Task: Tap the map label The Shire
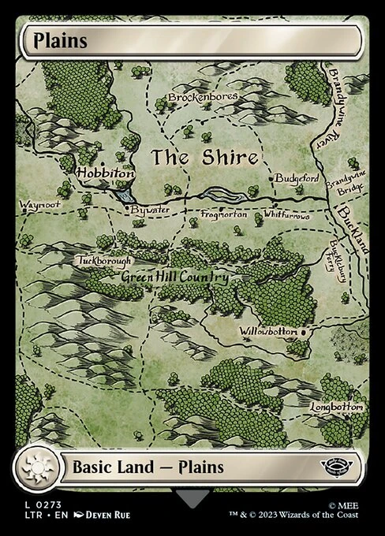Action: tap(205, 157)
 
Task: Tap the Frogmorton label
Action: tap(224, 214)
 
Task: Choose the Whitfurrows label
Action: tap(290, 214)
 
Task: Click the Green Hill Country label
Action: tap(175, 277)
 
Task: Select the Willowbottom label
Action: tap(269, 332)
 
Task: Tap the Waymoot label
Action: tap(39, 205)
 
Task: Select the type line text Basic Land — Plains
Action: tap(148, 467)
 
